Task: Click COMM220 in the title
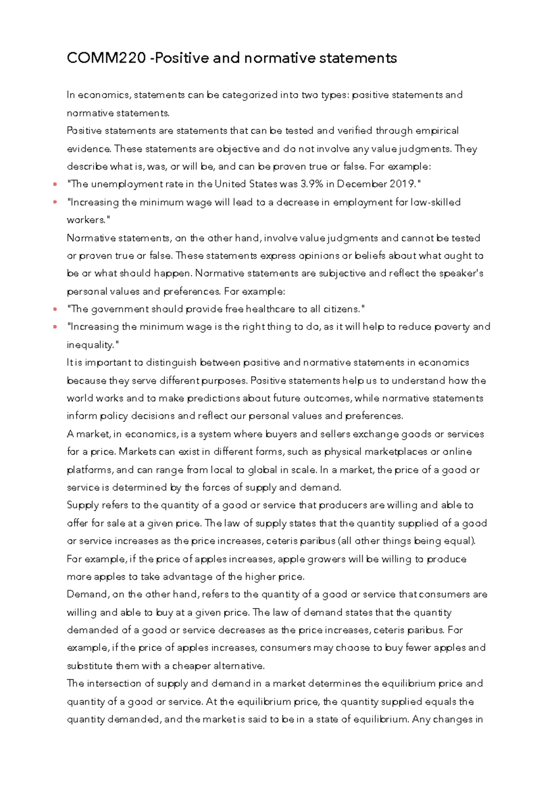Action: (106, 58)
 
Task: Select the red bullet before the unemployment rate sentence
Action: (55, 184)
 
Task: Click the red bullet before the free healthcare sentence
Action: (55, 309)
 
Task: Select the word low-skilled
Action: (435, 202)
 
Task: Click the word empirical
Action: (437, 131)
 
